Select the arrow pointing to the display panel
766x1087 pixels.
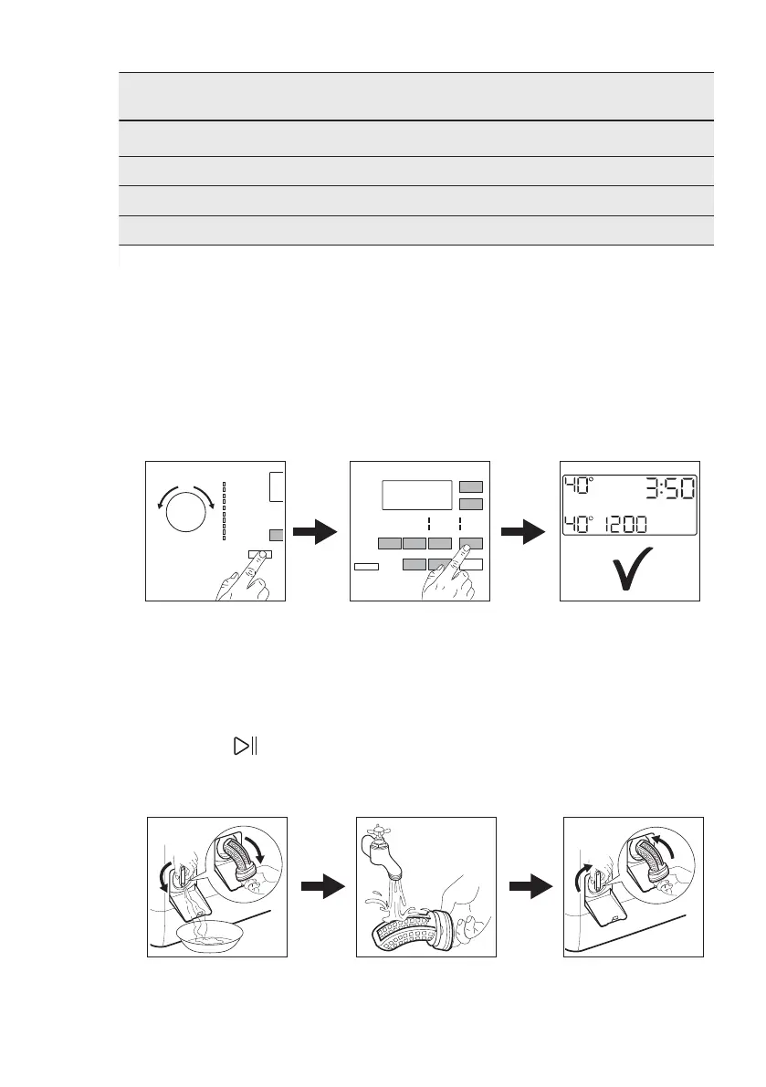(525, 532)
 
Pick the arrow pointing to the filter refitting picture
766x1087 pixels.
(530, 888)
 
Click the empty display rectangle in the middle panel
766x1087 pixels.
(417, 496)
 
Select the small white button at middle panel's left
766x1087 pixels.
(366, 567)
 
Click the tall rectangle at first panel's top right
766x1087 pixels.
(277, 486)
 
